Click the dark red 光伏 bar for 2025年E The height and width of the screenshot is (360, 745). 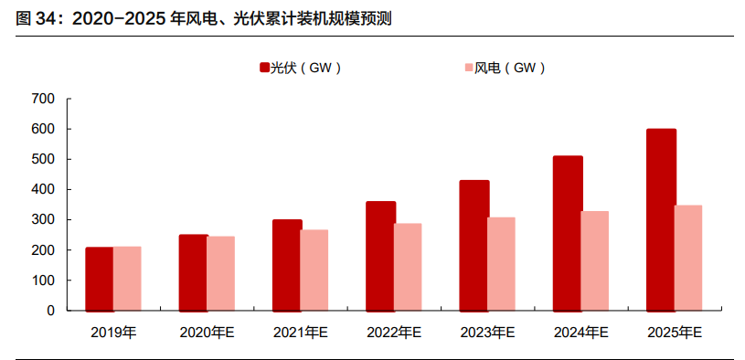point(661,220)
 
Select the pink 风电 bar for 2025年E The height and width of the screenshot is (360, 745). point(687,259)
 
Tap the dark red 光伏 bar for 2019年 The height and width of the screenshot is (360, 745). point(100,279)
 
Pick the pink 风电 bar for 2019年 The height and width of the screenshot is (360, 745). point(127,279)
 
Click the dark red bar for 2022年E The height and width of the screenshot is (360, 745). point(380,256)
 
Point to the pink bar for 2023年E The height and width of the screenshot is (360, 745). point(501,264)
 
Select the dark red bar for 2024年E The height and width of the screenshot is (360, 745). point(568,234)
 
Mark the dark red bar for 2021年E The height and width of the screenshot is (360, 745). point(287,265)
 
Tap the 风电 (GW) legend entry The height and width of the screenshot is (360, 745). point(505,68)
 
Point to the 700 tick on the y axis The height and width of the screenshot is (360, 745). point(43,99)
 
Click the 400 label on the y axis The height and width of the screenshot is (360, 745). point(43,189)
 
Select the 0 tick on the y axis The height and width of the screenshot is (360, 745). point(51,311)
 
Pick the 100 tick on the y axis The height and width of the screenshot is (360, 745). point(43,281)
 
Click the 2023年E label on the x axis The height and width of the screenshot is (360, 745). point(487,334)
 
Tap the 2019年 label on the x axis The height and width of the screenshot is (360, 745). point(113,334)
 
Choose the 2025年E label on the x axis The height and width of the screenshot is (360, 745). point(675,334)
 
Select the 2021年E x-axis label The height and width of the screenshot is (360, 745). point(300,334)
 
